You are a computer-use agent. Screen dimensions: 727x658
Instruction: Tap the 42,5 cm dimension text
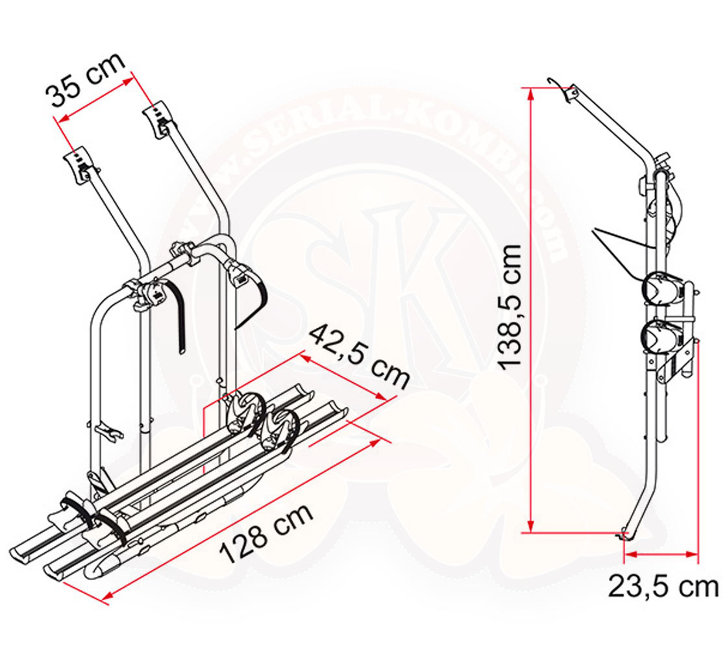(x=360, y=356)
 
